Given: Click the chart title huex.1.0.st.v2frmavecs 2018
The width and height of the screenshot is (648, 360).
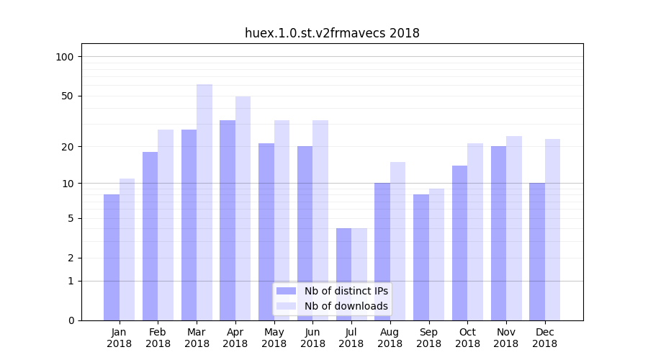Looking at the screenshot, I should tap(332, 33).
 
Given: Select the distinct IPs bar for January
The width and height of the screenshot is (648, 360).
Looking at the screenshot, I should tap(112, 257).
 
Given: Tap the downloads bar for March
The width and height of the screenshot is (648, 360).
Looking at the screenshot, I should tap(204, 202).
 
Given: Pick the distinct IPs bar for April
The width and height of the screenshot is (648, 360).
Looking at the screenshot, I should tap(228, 220).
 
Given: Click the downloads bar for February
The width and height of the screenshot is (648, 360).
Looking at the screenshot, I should tap(166, 225).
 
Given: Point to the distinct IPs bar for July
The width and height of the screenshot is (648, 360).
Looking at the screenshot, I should tap(343, 274).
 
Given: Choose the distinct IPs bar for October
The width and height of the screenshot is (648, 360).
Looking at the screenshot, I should tap(459, 243).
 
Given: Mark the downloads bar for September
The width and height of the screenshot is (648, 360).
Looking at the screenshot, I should tap(436, 254).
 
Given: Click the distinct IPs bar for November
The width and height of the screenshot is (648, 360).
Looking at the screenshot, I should tap(498, 233).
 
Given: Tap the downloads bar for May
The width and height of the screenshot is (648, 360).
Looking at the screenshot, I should tap(282, 220).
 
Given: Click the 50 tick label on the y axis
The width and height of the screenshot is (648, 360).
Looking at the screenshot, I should tap(68, 96).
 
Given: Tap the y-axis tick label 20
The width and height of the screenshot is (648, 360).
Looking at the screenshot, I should tap(68, 147).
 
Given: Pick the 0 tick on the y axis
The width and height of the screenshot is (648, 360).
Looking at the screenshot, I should tap(71, 320).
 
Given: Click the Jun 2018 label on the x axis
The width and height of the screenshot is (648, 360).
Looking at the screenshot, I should tap(312, 338).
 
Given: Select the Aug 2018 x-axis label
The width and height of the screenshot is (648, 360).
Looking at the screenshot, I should tap(390, 338).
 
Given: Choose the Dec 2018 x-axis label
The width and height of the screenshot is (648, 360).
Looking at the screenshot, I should tap(544, 338).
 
